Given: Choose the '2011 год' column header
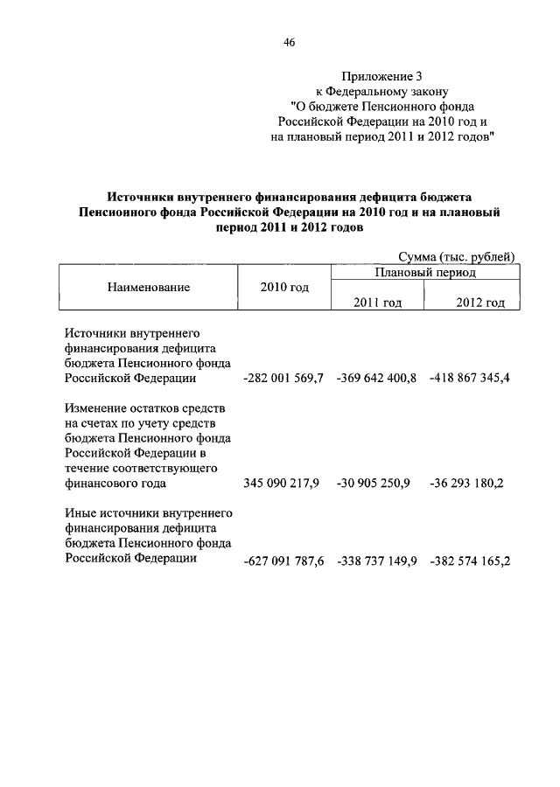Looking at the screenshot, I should click(377, 302).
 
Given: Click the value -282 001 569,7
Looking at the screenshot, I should click(283, 379).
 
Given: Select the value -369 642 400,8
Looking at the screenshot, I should click(376, 379).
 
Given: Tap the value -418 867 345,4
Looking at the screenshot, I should click(470, 379).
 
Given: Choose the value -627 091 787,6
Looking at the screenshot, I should click(283, 561).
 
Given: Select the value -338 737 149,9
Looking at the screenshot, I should click(376, 561).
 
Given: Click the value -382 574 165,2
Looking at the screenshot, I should click(470, 561).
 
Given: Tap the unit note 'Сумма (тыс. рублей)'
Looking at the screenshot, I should click(456, 256).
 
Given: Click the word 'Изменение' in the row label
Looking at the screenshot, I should click(95, 409).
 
